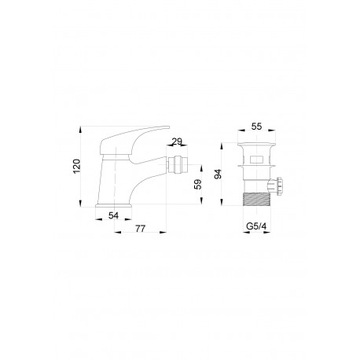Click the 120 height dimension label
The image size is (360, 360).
[77, 166]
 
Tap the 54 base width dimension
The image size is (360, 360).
[113, 216]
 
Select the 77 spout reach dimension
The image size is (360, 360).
[140, 229]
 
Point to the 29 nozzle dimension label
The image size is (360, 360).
[177, 142]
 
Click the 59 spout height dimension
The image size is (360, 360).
[198, 184]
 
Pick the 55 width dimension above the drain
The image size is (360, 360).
[256, 126]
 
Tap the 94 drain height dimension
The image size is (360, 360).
[218, 174]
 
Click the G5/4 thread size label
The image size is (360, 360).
[256, 226]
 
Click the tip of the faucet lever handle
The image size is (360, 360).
[168, 127]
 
